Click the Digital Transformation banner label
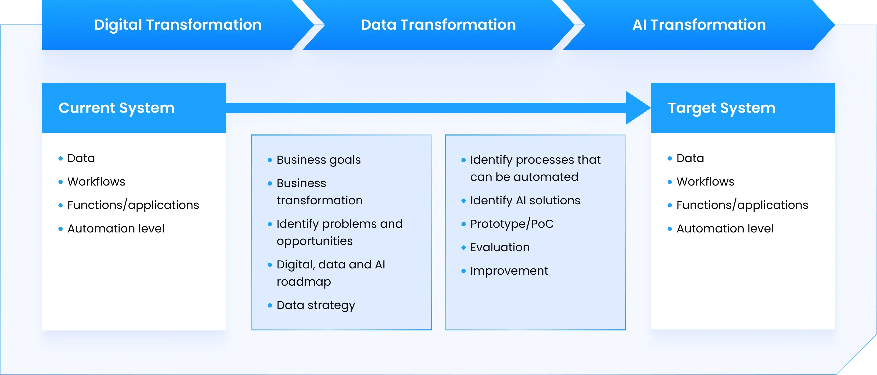(x=178, y=25)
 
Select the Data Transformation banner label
(x=438, y=25)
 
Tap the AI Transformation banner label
(x=699, y=25)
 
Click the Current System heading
(x=116, y=108)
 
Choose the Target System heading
(x=721, y=108)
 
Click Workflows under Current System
(x=96, y=182)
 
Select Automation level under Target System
(x=725, y=229)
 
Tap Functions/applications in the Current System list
(x=133, y=205)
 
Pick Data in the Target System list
(x=690, y=158)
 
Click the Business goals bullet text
(x=319, y=160)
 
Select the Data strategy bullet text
(x=316, y=305)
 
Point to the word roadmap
(x=304, y=282)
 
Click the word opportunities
(x=315, y=241)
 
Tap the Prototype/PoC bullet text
(x=512, y=224)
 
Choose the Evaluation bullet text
(x=500, y=247)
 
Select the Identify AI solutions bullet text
(x=525, y=201)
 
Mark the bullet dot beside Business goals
(x=270, y=160)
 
